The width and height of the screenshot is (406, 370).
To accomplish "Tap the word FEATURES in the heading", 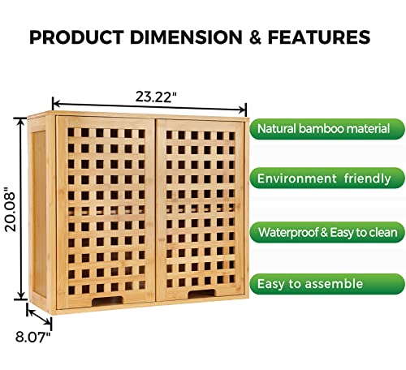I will tap(322, 37).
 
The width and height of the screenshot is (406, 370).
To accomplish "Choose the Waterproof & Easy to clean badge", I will tap(326, 233).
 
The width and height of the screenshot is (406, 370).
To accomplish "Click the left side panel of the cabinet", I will tap(43, 211).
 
